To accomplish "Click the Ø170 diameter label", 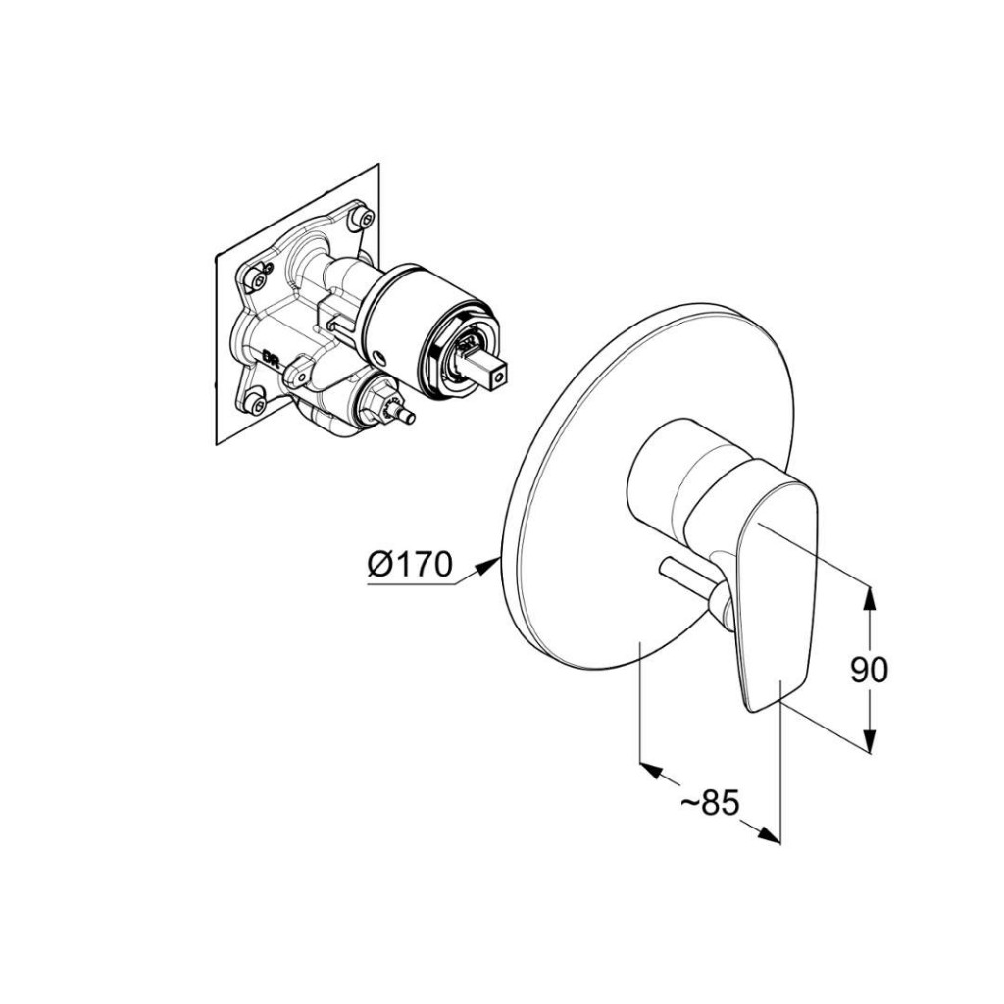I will (410, 564).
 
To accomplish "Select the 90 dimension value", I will (868, 670).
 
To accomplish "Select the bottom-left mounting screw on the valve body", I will (257, 400).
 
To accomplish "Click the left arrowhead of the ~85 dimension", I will (648, 768).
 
